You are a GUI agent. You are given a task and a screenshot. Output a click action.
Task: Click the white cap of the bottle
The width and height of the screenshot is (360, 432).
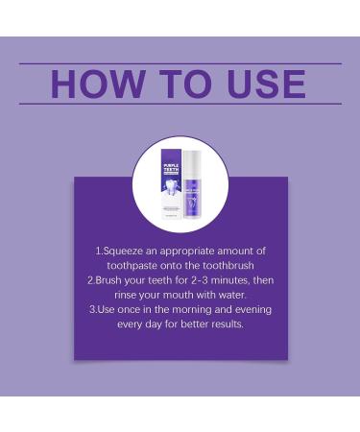tap(201, 159)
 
